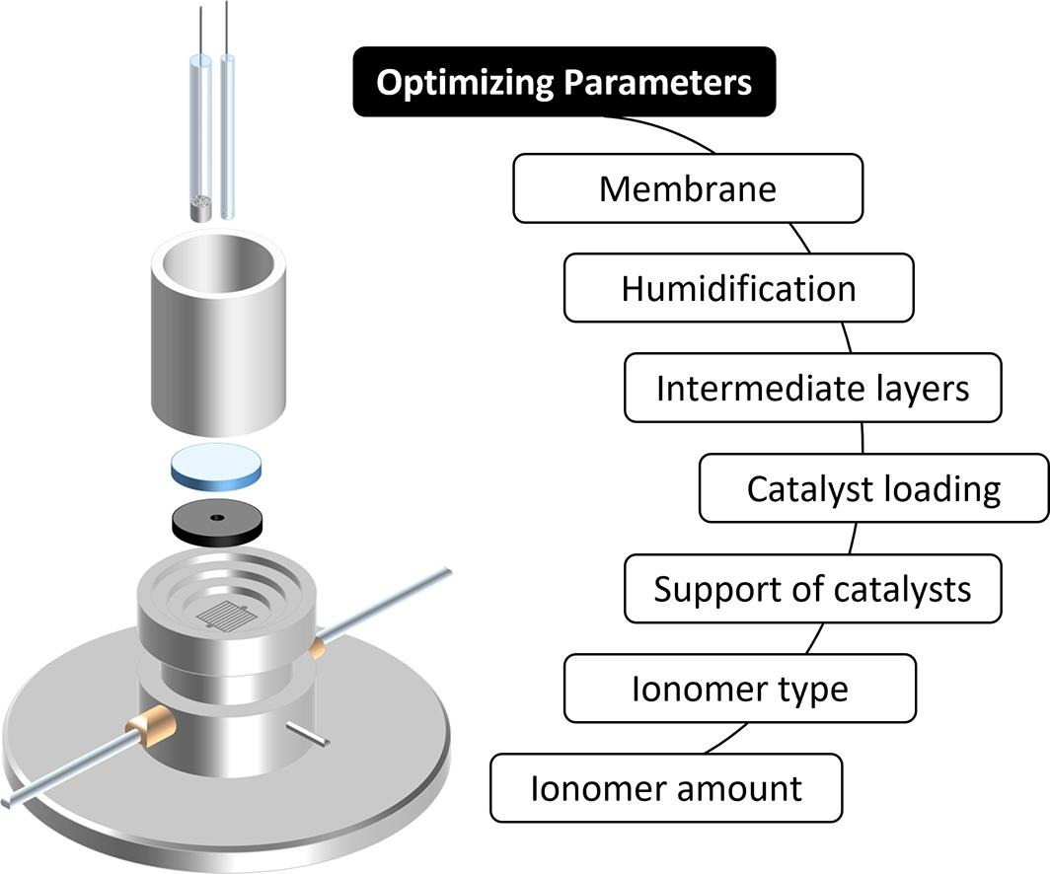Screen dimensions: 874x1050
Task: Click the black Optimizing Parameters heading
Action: coord(564,83)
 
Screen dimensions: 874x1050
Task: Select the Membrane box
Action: coord(688,187)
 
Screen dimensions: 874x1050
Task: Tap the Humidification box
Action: coord(738,288)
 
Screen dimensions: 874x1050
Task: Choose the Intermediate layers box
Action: coord(813,388)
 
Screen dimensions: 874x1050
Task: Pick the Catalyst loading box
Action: coord(873,488)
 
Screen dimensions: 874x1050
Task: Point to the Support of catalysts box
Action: coord(813,589)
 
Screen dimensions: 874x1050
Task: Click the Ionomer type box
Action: coord(739,689)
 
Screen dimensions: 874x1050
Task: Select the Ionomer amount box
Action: coord(666,788)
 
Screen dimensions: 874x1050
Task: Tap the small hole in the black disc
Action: coord(217,519)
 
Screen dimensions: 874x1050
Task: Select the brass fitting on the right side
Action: coord(318,647)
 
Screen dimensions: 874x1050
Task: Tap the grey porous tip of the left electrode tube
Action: coord(201,209)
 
